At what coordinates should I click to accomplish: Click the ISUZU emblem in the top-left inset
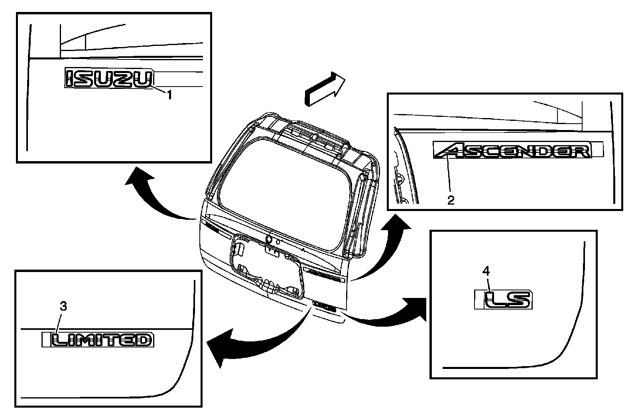click(x=109, y=78)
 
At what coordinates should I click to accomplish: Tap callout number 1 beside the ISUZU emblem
click(x=169, y=95)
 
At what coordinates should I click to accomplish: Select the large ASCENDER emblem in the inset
click(x=513, y=151)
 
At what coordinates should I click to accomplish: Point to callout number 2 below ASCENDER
click(x=451, y=200)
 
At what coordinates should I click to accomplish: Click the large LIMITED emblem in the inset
click(x=102, y=340)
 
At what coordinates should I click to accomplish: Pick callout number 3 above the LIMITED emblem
click(x=63, y=306)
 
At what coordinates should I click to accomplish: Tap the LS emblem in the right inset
click(x=508, y=300)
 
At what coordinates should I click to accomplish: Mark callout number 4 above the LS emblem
click(x=486, y=271)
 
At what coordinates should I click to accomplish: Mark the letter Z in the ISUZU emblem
click(x=126, y=78)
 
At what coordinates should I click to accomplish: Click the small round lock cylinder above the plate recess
click(x=269, y=239)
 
